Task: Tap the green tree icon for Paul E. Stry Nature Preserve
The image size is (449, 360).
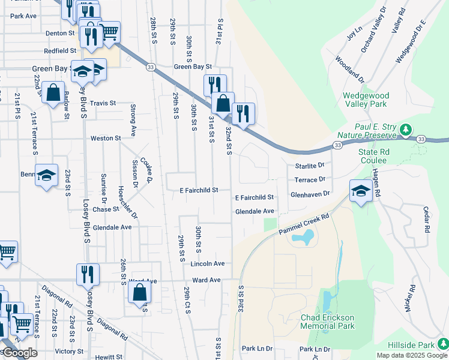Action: coord(406,129)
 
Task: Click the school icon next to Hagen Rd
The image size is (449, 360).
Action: coord(360,191)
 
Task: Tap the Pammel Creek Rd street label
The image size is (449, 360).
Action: coord(304,224)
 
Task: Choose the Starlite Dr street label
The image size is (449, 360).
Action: coord(309,165)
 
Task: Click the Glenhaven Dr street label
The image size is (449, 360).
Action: coord(310,194)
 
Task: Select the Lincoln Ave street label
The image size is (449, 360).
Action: coord(207,263)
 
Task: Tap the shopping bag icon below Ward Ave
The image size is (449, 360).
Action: coord(139,292)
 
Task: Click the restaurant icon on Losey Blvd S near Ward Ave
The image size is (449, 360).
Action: coord(88,274)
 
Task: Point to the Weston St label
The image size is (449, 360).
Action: coord(106,138)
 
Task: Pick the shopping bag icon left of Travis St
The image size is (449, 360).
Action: coord(53,93)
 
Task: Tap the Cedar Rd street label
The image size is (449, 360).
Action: coord(426,220)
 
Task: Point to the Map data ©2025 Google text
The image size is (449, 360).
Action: coord(412,355)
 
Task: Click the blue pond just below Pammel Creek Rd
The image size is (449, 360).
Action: coord(301,239)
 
